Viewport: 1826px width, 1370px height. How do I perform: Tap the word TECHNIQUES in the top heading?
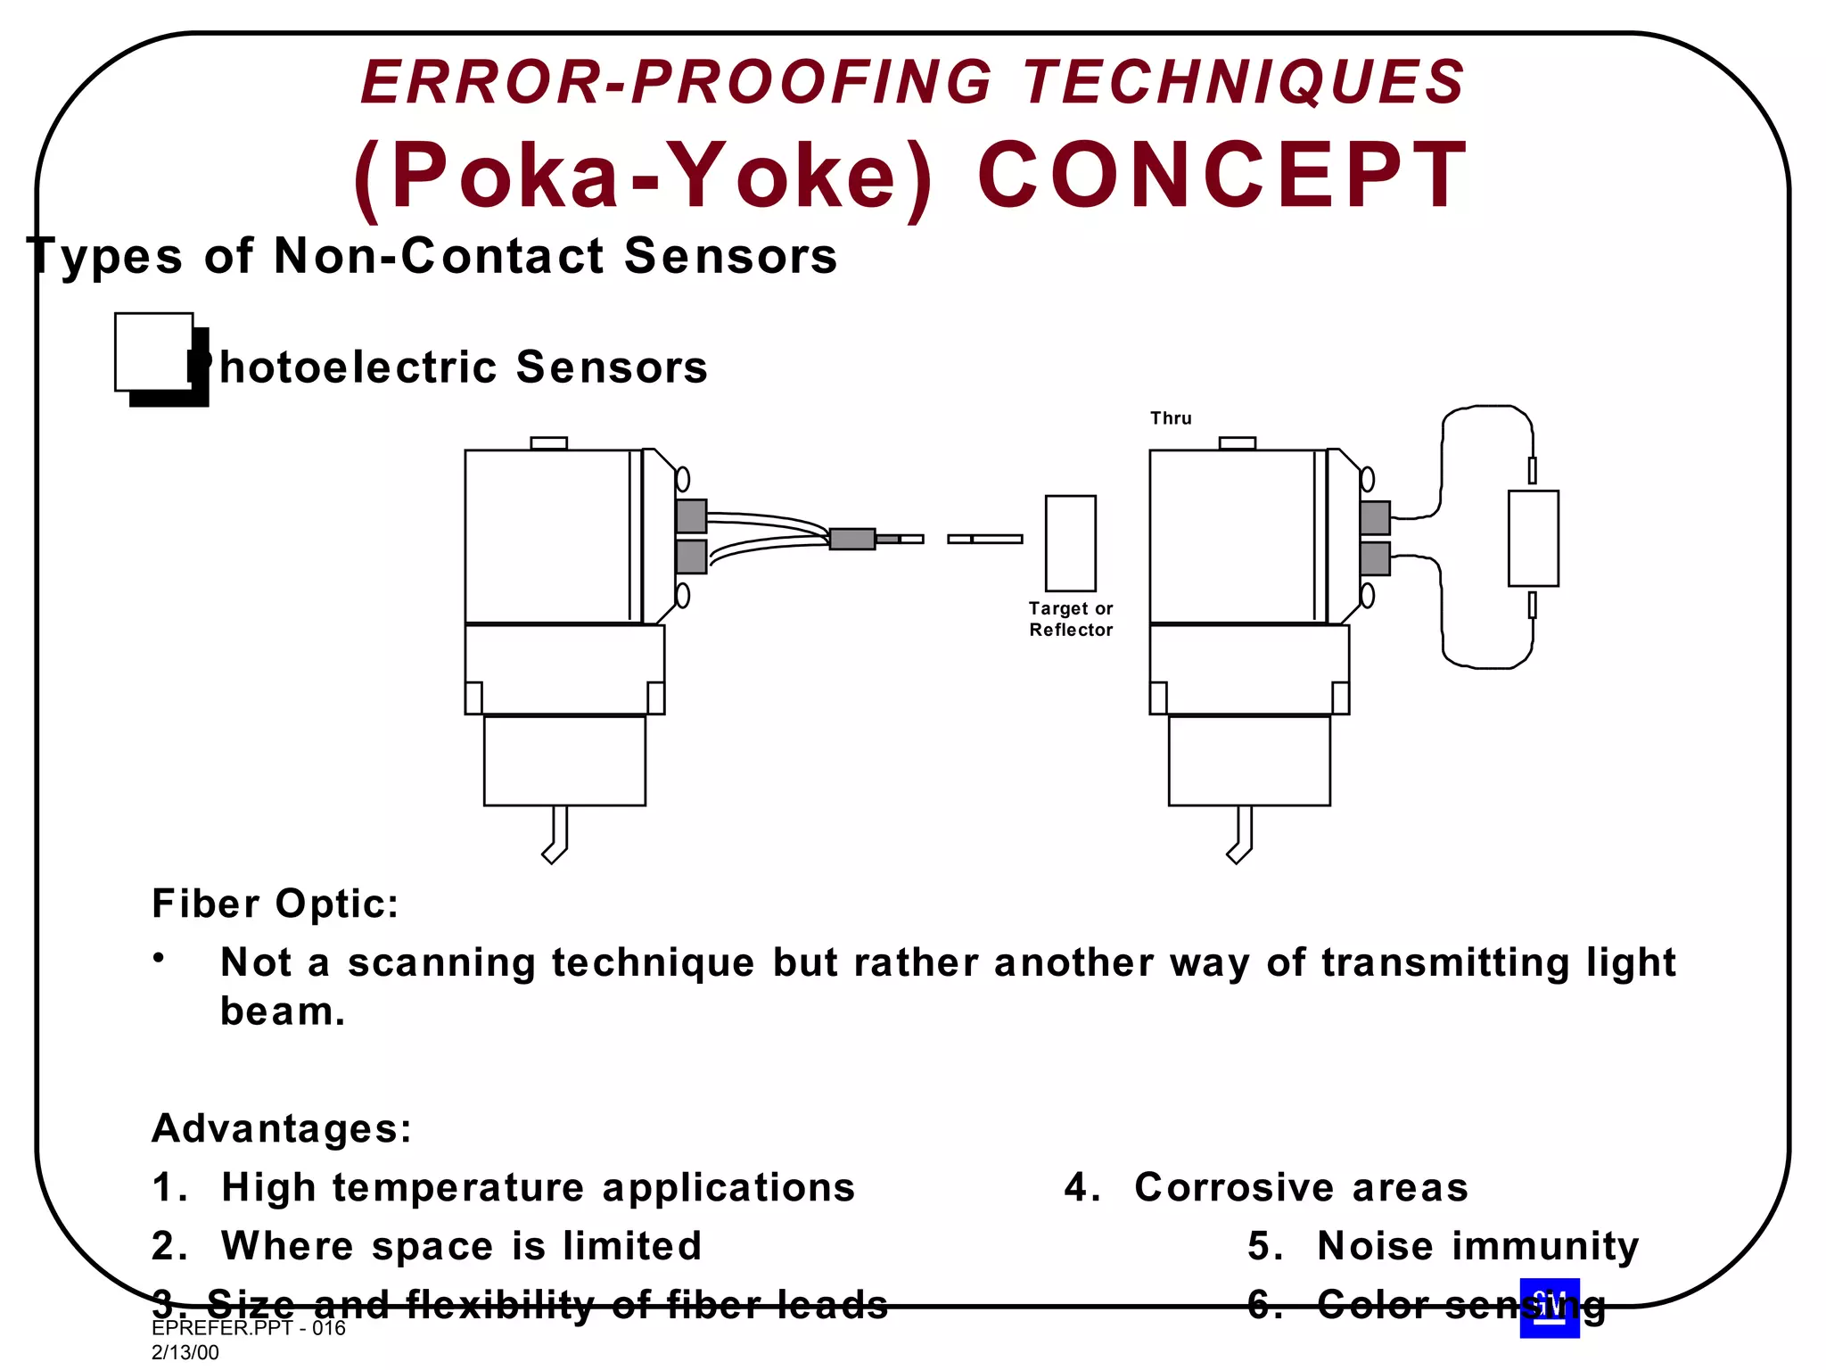(x=1243, y=82)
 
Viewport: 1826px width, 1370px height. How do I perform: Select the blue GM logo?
(x=1550, y=1308)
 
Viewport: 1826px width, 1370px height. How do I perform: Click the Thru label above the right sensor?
(x=1171, y=418)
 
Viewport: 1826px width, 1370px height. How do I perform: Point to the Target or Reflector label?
(x=1071, y=619)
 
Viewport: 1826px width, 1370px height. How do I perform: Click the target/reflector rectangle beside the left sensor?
(x=1070, y=543)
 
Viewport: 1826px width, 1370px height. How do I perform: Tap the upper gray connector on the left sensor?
(x=691, y=516)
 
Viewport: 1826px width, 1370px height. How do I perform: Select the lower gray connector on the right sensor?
(x=1375, y=558)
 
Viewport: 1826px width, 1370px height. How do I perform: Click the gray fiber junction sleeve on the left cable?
(x=851, y=539)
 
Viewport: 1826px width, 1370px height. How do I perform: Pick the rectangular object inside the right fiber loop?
(x=1533, y=538)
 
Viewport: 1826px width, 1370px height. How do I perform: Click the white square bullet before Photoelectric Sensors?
(x=154, y=351)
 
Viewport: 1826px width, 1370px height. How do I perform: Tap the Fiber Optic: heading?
(x=276, y=904)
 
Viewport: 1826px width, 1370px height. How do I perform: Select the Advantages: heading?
(x=282, y=1128)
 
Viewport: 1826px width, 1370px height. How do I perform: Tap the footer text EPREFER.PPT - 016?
(x=249, y=1328)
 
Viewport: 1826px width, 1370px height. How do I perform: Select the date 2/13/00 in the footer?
(x=185, y=1352)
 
